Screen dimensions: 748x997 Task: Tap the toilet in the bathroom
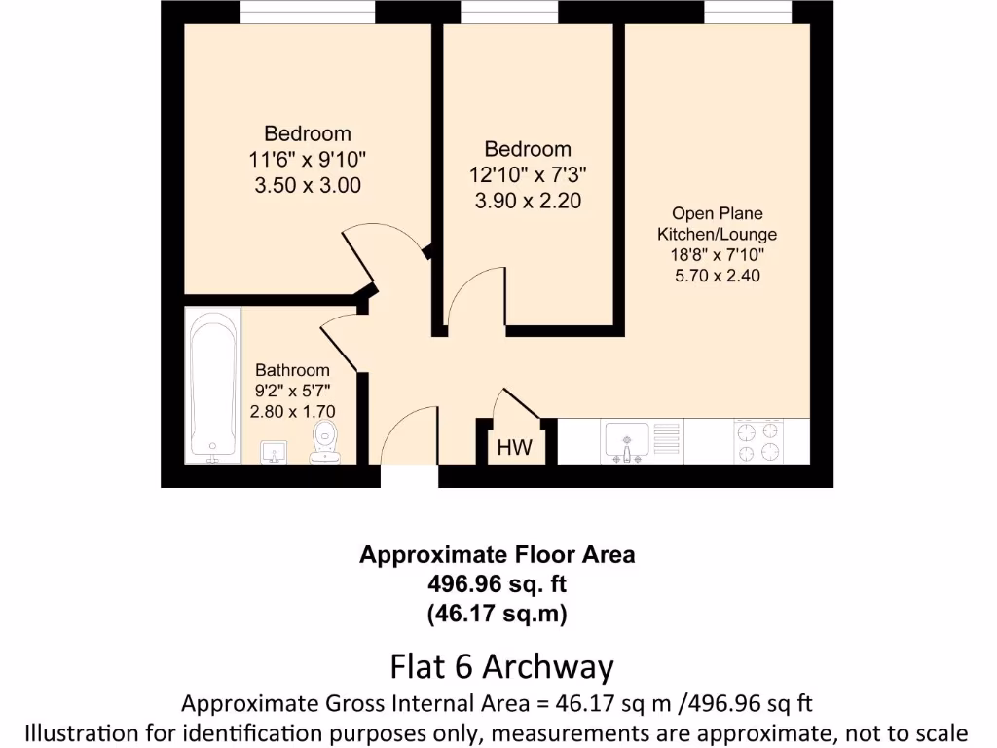[x=324, y=444]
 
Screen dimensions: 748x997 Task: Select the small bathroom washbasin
[x=274, y=451]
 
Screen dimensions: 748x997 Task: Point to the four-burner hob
[x=757, y=441]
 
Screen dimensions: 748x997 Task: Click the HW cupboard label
[x=514, y=449]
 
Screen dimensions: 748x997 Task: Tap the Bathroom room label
[x=292, y=370]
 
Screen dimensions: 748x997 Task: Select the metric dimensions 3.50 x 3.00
[x=308, y=185]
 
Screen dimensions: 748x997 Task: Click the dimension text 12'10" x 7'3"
[x=528, y=175]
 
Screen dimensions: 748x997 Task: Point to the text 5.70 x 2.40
[x=717, y=276]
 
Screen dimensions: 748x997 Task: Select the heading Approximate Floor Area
[x=498, y=555]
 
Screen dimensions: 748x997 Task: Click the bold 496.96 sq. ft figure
[x=498, y=584]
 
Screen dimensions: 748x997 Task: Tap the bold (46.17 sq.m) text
[x=498, y=615]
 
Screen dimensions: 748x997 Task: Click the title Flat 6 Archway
[x=501, y=667]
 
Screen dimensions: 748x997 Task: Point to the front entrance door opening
[x=409, y=476]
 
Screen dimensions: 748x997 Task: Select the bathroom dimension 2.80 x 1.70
[x=292, y=413]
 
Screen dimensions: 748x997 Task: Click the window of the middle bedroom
[x=509, y=12]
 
